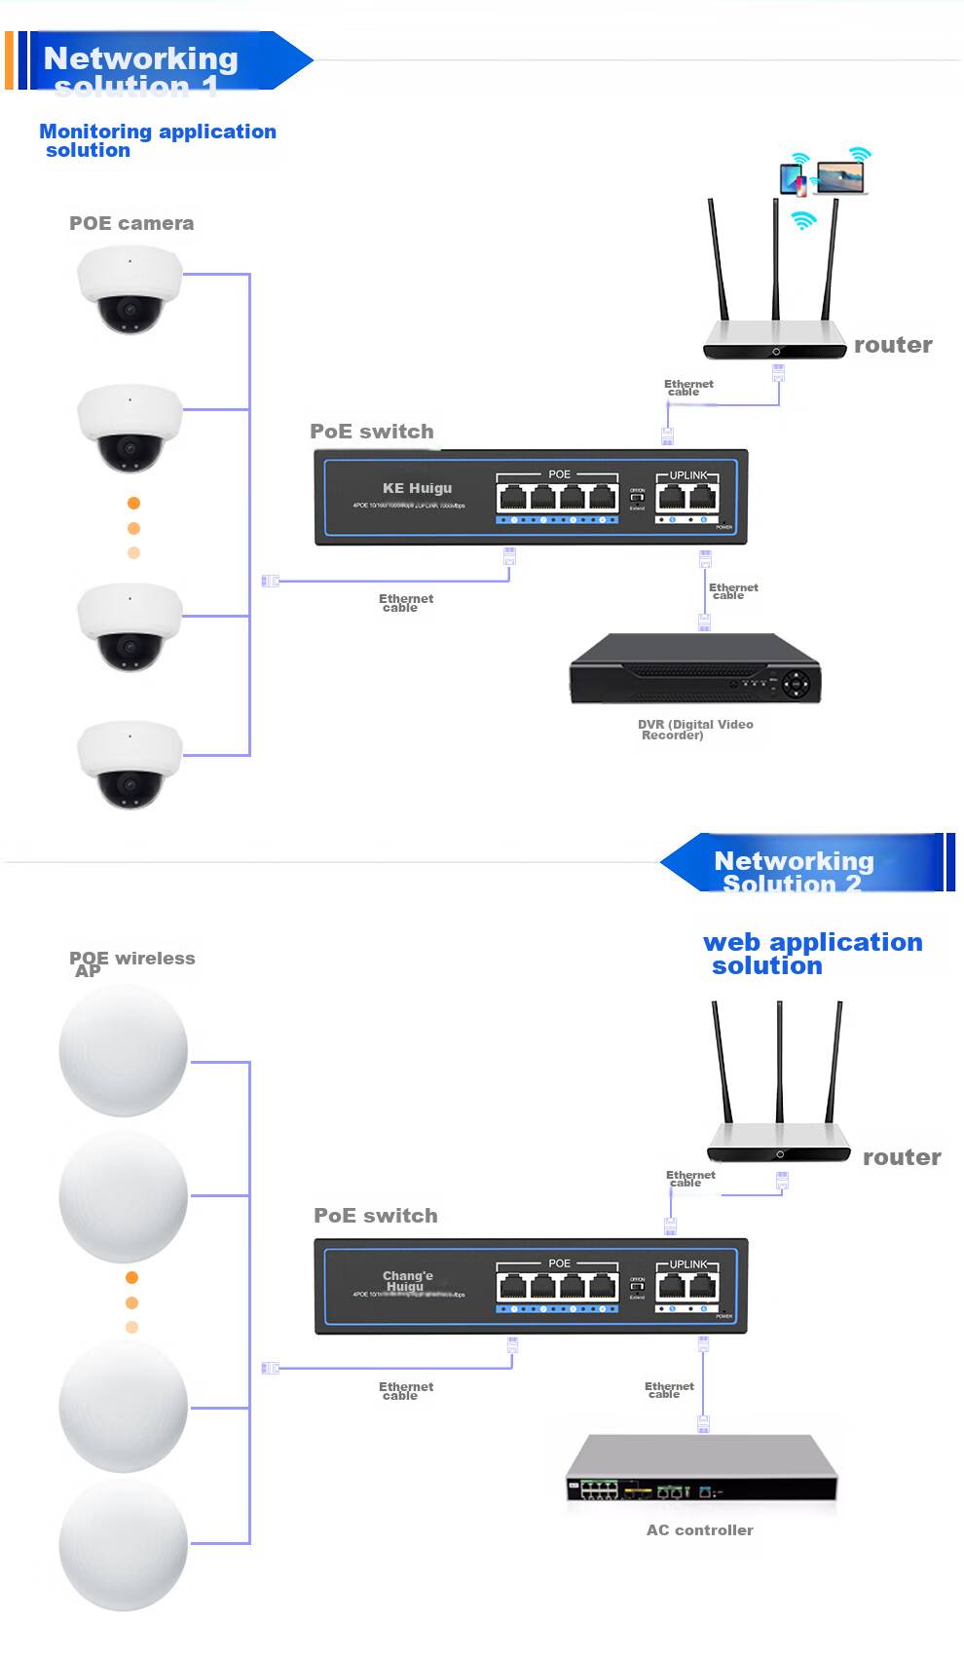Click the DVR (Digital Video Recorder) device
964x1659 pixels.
[x=695, y=669]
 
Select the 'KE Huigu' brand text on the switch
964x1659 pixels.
[x=417, y=488]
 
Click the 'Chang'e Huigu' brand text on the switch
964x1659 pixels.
[x=407, y=1281]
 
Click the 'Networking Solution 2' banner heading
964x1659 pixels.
[x=793, y=870]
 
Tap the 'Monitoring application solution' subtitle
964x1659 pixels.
[x=157, y=140]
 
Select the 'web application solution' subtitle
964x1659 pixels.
[x=811, y=953]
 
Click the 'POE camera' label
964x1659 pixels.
[x=131, y=223]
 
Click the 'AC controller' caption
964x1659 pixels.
[x=699, y=1529]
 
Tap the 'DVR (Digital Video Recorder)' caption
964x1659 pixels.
[x=694, y=729]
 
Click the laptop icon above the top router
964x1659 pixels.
[x=840, y=176]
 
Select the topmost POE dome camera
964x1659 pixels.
[x=130, y=289]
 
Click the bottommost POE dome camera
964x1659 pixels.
[x=130, y=765]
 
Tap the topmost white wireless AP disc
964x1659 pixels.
[x=124, y=1050]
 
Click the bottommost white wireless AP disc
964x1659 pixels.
[x=124, y=1544]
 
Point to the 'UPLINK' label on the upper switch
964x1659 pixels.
[x=688, y=475]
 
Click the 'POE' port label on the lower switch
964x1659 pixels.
[x=559, y=1263]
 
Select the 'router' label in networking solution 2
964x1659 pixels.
[x=902, y=1157]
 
